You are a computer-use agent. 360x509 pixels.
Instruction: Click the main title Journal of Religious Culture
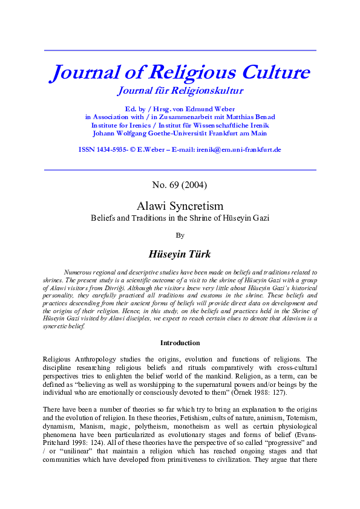click(180, 73)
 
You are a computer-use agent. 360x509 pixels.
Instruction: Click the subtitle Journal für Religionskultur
click(180, 91)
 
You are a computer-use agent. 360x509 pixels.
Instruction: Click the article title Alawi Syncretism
click(180, 206)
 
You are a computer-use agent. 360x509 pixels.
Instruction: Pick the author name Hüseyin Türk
click(180, 254)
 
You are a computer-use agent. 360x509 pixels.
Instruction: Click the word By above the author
click(180, 235)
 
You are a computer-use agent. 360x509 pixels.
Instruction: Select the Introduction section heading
click(180, 343)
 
